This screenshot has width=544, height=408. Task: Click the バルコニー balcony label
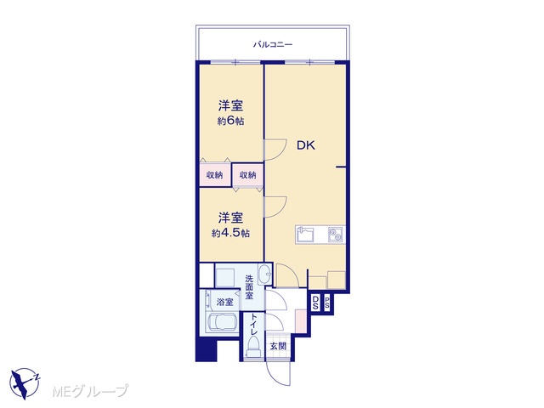coord(273,44)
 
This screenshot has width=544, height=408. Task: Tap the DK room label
coord(306,145)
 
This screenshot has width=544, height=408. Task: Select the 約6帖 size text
coord(230,121)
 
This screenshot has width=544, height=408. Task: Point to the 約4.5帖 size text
coord(230,233)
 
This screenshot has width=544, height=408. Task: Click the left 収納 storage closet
coord(215,175)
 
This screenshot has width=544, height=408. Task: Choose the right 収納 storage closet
coord(247,175)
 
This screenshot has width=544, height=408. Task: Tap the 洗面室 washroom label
coord(249,287)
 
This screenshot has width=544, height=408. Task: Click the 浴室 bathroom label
coord(224,302)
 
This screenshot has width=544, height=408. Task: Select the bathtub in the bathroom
coord(222,322)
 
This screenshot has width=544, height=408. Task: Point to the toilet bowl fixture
coord(253,348)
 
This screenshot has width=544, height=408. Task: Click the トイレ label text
coord(254,325)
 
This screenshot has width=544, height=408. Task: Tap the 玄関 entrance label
coord(279,346)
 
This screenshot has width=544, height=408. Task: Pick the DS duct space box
coord(315,303)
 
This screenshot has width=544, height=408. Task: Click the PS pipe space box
coord(327,303)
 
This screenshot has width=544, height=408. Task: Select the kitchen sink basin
coord(305,235)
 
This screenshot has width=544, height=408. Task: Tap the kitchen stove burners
coord(336,235)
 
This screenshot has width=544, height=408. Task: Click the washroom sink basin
coord(264,274)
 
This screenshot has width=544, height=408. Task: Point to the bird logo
coord(25,383)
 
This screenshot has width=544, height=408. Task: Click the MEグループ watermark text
coord(90,391)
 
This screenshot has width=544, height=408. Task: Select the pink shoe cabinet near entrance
coord(300,320)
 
